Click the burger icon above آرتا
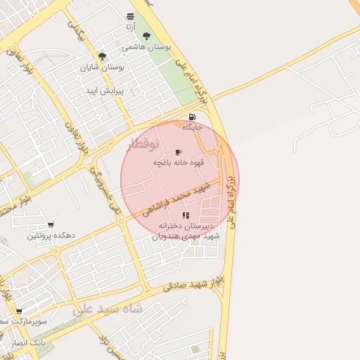130,16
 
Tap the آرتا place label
130,27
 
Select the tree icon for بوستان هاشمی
146,36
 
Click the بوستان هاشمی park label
146,46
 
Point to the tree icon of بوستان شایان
103,56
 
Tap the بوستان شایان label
103,67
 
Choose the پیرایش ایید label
105,91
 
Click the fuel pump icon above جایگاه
192,117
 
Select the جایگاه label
192,127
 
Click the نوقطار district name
143,144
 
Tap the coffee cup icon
178,152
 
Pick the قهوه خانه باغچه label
179,162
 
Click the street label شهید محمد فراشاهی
176,199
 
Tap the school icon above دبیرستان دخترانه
186,215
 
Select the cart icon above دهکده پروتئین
51,225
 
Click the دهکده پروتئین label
51,236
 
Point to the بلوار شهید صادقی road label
193,284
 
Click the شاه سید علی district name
108,309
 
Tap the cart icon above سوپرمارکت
19,311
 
